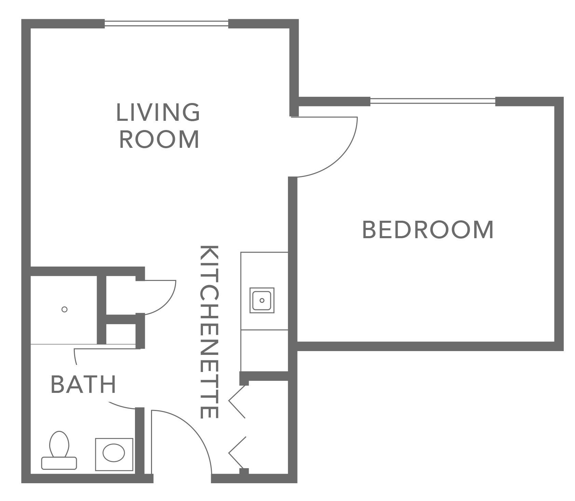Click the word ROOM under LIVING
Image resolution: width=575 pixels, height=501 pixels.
(159, 139)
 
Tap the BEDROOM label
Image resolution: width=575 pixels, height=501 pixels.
(428, 230)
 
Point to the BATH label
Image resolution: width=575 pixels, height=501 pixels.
(84, 384)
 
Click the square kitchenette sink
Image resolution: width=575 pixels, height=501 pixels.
(262, 300)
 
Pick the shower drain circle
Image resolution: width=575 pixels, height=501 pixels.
(64, 309)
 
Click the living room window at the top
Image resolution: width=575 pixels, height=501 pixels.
(166, 23)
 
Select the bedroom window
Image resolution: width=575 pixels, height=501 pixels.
(433, 101)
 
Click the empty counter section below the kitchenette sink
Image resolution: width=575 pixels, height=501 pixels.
(264, 350)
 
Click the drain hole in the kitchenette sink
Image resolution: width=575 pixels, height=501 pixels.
(262, 300)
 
